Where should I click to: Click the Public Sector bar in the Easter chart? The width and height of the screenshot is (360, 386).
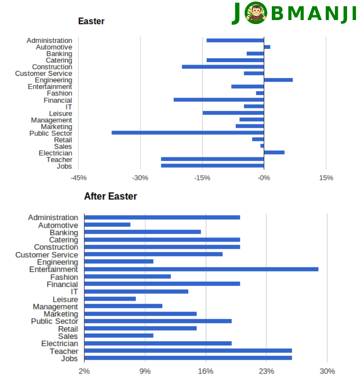point(188,132)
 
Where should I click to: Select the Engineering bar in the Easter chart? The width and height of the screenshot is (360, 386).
point(278,80)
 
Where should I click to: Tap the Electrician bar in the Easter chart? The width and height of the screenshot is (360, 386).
point(274,152)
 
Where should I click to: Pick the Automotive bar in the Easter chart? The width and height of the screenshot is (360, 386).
point(267,47)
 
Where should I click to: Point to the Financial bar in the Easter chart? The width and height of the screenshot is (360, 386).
point(218,99)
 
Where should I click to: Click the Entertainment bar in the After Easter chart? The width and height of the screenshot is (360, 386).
point(201,269)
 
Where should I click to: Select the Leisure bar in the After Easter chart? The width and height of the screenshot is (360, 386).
point(110,299)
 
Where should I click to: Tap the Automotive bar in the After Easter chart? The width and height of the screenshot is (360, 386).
point(107,225)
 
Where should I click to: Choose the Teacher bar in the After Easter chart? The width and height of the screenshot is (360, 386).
point(188,351)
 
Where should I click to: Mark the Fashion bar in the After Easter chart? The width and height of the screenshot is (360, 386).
point(127,276)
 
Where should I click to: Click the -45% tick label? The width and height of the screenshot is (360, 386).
point(78,178)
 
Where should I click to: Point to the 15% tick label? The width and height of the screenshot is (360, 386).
point(326,178)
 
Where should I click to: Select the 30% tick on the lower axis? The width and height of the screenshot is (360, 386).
point(327,371)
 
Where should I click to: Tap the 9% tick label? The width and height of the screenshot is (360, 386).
point(145,371)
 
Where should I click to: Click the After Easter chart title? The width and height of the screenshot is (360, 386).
point(110,197)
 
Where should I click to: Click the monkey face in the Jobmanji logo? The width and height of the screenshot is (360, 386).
point(256,13)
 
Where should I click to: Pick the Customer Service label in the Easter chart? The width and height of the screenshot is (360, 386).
point(44,74)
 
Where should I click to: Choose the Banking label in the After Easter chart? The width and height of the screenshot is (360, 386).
point(64,232)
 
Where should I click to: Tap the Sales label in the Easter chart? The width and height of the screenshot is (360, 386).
point(63,146)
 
